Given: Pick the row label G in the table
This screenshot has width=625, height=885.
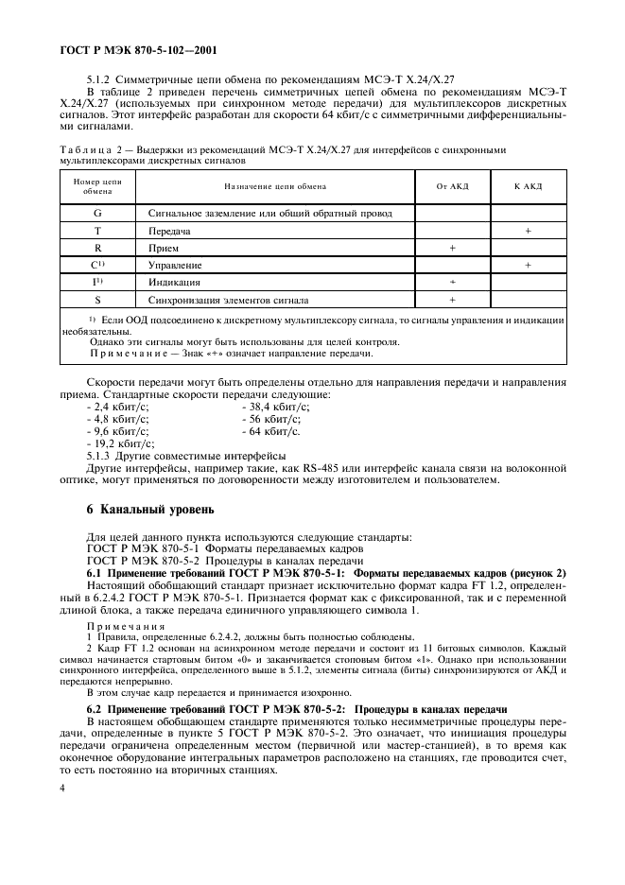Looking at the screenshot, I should (x=97, y=214).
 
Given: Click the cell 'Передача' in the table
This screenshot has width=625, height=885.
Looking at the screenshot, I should (x=170, y=231).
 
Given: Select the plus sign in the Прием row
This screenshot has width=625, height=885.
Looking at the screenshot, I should (x=452, y=248).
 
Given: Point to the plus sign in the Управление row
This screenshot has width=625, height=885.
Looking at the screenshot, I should (x=528, y=265).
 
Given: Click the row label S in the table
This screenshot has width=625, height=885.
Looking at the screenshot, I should (x=97, y=300).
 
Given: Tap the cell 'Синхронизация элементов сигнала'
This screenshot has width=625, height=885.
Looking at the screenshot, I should (x=228, y=300).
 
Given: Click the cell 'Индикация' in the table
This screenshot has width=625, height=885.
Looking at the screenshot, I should (x=174, y=283).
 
